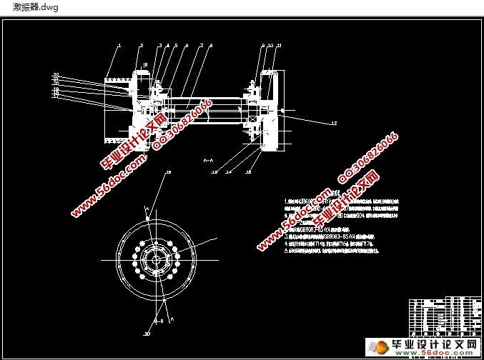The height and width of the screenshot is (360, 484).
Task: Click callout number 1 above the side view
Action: point(119,45)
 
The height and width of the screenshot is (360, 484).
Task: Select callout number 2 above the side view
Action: point(142,45)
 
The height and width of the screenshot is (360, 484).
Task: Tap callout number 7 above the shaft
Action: point(202,45)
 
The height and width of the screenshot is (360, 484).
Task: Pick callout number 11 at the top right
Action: point(279,45)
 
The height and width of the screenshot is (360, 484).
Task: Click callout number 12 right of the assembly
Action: point(333,124)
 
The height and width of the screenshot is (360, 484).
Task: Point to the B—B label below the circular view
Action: point(162,321)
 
